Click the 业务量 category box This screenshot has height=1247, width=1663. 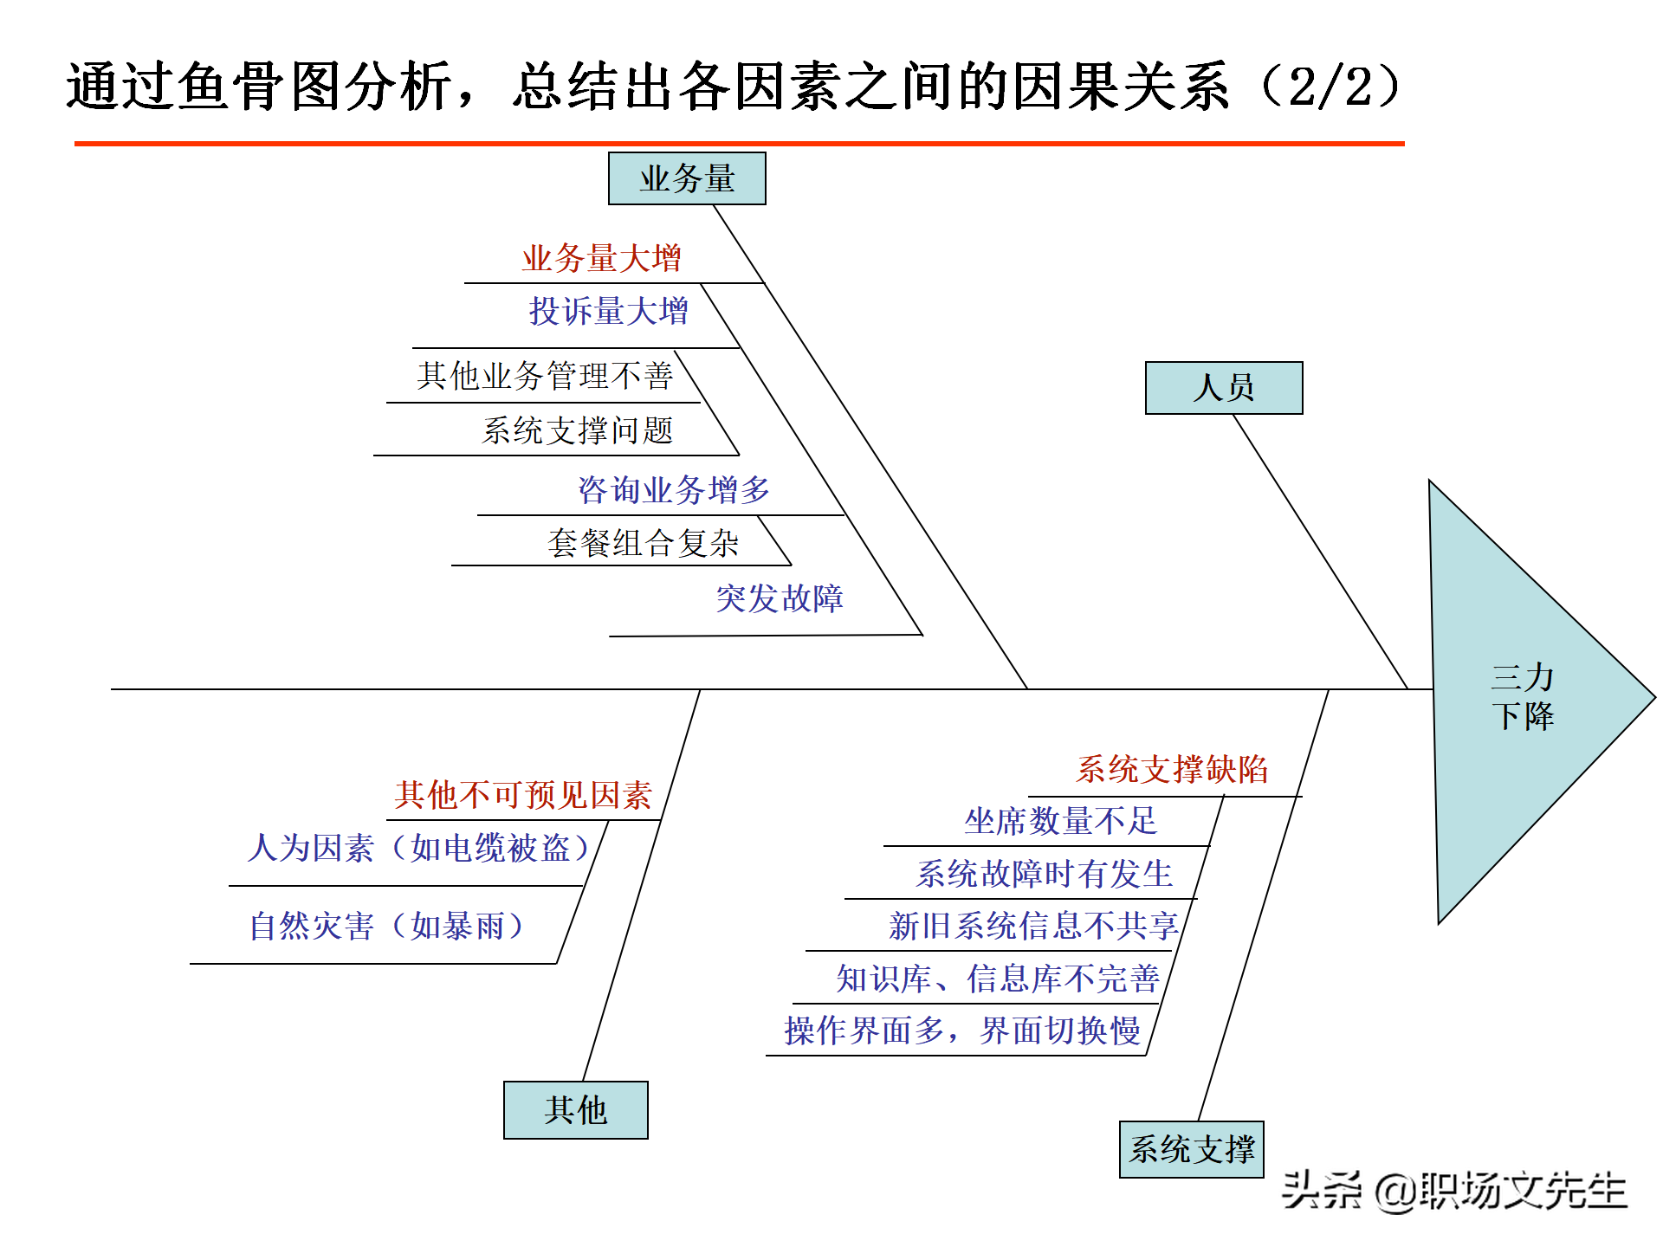(x=687, y=178)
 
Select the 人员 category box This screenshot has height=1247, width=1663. (x=1223, y=388)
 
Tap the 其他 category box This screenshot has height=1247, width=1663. (x=575, y=1109)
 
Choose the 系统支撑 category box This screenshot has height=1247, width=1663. (x=1192, y=1149)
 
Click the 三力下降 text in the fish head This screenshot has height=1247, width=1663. (x=1522, y=696)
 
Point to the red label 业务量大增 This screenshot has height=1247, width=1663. (x=601, y=258)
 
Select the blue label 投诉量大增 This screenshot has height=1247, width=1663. (x=608, y=311)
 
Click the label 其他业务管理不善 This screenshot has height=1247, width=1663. (x=545, y=376)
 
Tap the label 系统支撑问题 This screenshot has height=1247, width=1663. (x=577, y=430)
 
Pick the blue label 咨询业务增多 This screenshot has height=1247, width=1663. (x=674, y=490)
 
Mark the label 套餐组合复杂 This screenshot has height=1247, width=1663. (x=643, y=543)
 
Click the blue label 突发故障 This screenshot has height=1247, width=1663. (x=779, y=598)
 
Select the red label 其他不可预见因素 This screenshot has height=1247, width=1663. (x=523, y=795)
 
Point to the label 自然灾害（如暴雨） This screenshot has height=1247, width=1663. (x=387, y=927)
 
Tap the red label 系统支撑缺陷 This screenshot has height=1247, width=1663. (x=1172, y=769)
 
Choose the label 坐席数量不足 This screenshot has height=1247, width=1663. (x=1061, y=821)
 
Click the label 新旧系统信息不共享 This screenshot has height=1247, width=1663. (x=1033, y=926)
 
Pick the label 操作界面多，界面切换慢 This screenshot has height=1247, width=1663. (x=961, y=1031)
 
